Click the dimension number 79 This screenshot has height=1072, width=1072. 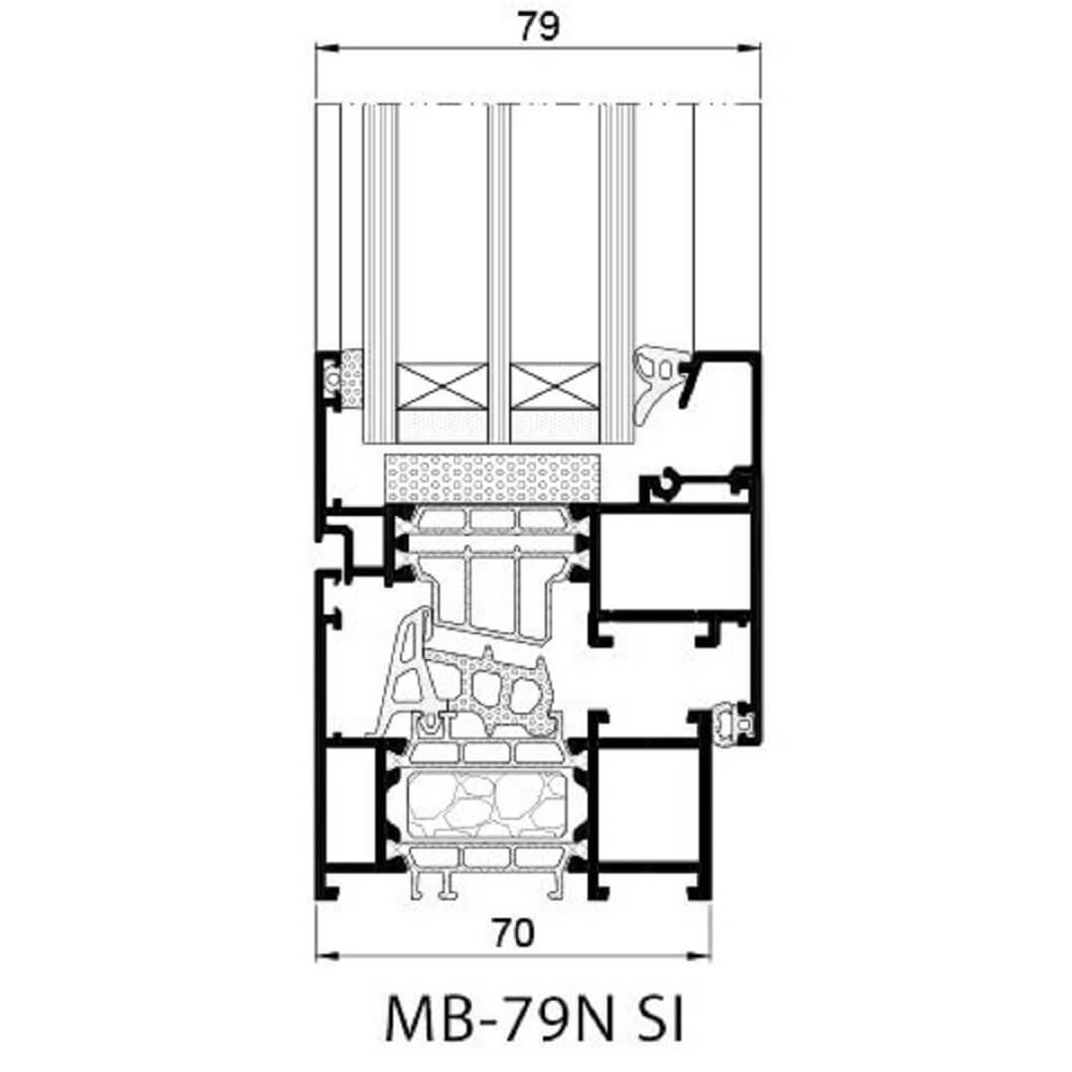(x=538, y=26)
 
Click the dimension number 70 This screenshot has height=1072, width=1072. (x=513, y=932)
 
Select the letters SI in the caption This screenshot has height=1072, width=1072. (x=658, y=1018)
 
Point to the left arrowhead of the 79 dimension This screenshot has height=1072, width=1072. (x=328, y=48)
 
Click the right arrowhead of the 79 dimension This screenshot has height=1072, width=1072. (x=748, y=48)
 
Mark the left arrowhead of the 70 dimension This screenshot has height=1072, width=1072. (x=328, y=955)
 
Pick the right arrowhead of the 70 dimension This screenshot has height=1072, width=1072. (x=700, y=955)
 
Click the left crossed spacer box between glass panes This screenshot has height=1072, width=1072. (x=443, y=386)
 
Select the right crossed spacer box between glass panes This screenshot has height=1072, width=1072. (x=555, y=386)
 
